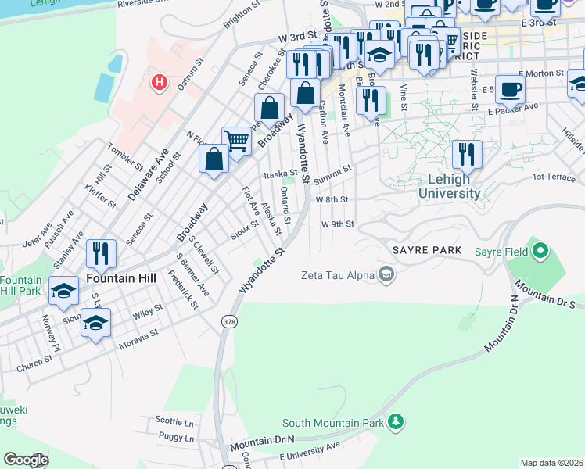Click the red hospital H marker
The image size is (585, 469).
point(160,82)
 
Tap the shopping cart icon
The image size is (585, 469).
point(236,141)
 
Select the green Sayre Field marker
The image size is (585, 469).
point(539,252)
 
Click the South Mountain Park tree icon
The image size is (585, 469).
point(397,422)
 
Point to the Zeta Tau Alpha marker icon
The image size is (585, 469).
point(386,274)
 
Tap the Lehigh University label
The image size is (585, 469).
point(449,186)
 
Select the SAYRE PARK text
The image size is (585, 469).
point(422,250)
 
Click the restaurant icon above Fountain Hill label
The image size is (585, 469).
point(102,252)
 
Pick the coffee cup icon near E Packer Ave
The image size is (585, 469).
point(511,88)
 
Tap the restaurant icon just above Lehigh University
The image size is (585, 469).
point(467,153)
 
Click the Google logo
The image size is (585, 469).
point(26,460)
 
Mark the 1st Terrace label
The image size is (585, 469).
point(553,177)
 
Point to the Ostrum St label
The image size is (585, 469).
point(190,74)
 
